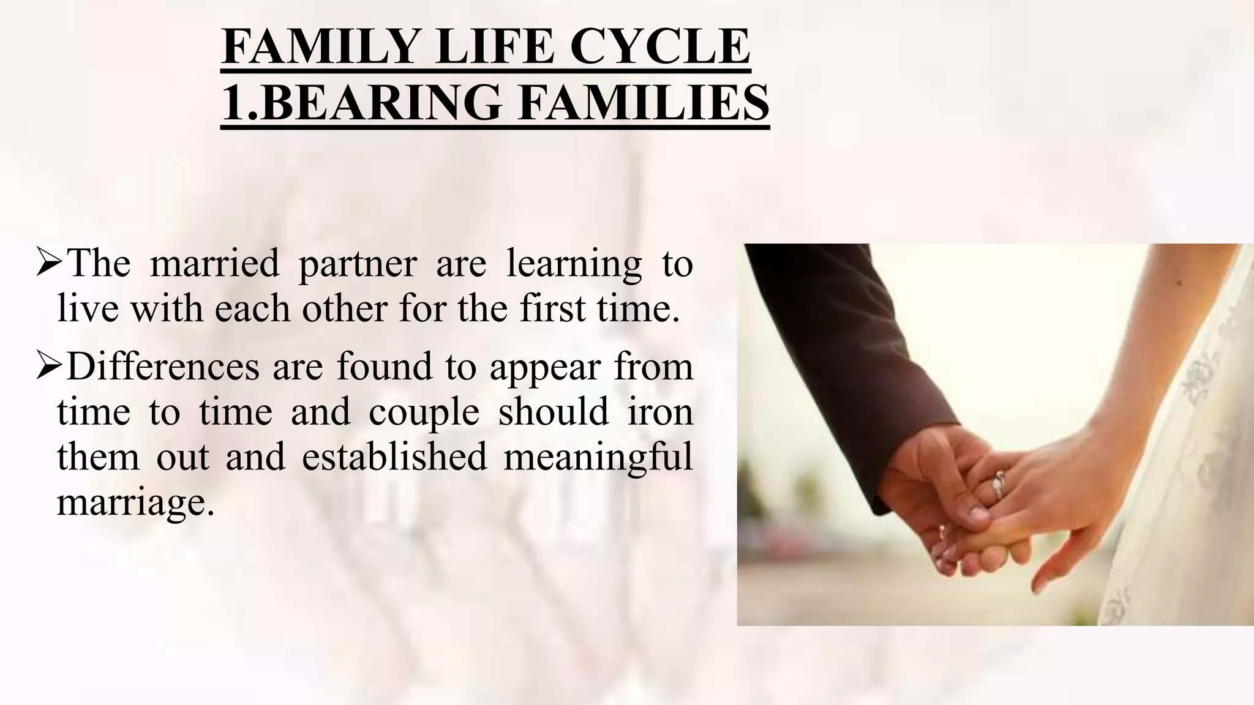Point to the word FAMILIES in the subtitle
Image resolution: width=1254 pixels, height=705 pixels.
pos(643,103)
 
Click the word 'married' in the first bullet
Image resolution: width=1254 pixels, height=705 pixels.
pos(214,264)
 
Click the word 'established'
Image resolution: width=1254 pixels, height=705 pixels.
pos(394,458)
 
